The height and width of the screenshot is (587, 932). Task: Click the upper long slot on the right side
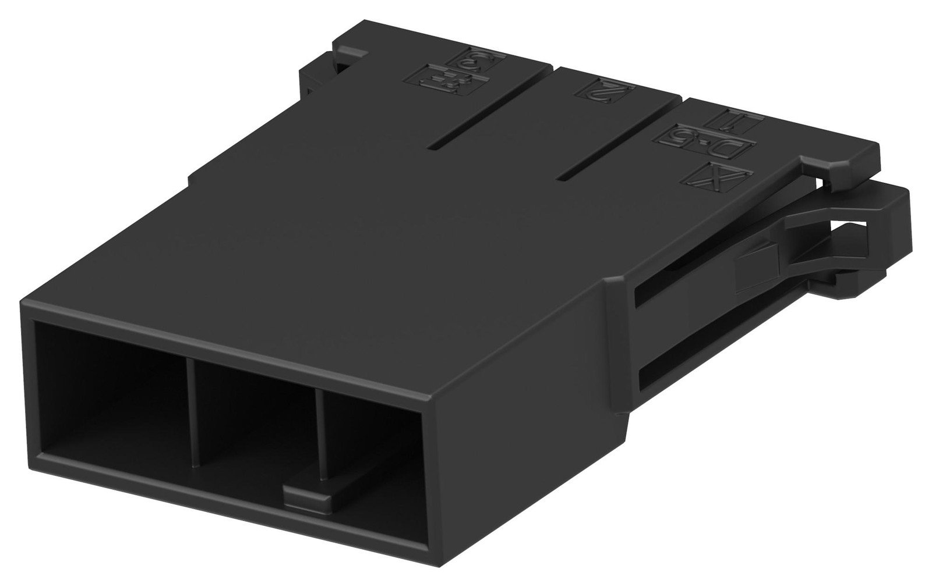[x=687, y=291]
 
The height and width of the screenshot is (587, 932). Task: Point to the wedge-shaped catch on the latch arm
[x=757, y=268]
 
